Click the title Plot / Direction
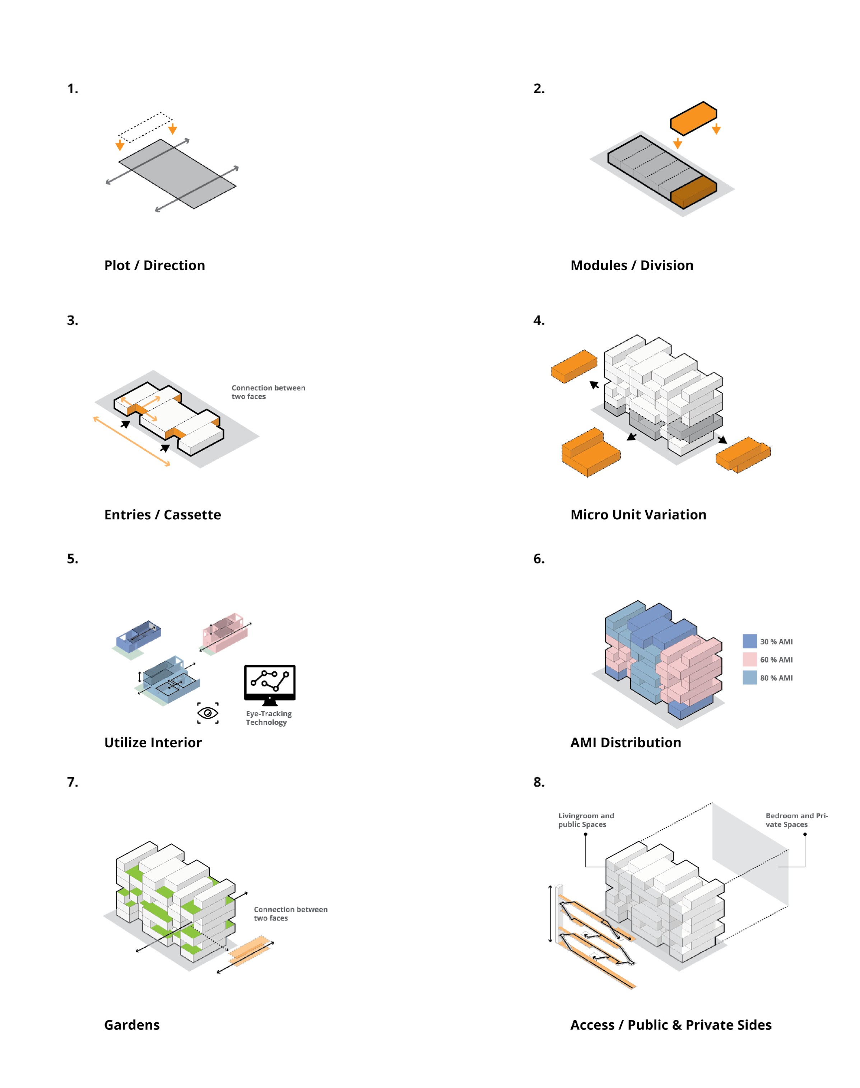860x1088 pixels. click(x=154, y=265)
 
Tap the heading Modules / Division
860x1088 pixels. click(x=631, y=265)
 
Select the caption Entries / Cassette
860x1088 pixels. click(x=162, y=514)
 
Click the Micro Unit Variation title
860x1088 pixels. click(x=638, y=514)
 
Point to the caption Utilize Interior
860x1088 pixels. click(x=153, y=742)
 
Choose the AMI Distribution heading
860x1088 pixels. click(x=626, y=742)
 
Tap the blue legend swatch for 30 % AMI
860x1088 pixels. click(x=749, y=641)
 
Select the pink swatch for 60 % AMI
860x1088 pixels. click(x=749, y=659)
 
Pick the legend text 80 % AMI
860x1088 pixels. click(x=776, y=678)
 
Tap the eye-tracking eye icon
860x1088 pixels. click(x=208, y=713)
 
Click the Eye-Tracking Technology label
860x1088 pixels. click(x=268, y=718)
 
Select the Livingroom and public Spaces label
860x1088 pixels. click(x=586, y=820)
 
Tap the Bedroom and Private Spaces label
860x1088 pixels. click(x=796, y=820)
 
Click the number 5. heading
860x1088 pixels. click(x=73, y=559)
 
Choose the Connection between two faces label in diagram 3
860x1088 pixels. click(x=268, y=392)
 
